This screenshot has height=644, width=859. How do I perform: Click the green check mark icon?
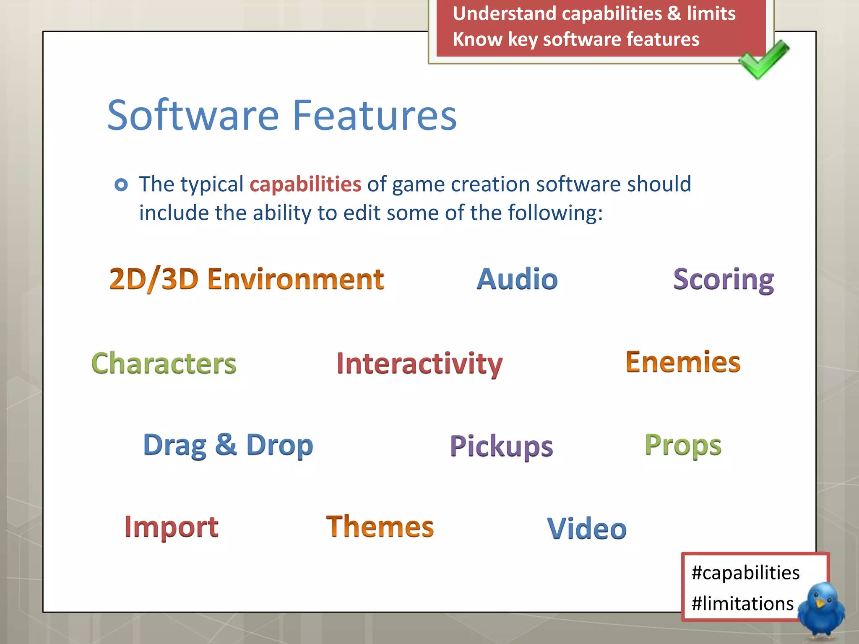point(763,60)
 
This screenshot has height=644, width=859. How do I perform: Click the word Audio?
point(517,279)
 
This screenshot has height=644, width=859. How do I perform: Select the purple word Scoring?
point(724,280)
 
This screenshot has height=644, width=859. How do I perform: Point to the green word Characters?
point(164,363)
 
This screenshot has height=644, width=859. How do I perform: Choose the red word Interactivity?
point(419,364)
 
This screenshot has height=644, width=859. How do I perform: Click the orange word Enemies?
point(683,362)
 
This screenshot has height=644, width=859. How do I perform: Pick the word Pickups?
point(501,447)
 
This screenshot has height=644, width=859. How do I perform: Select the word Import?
point(171,527)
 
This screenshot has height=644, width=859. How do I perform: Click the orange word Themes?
point(380,527)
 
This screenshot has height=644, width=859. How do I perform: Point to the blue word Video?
point(587,529)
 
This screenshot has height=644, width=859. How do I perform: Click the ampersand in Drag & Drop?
point(226,444)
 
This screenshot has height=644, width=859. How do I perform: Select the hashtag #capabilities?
point(745,573)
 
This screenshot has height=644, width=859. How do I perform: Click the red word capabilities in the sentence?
point(305,184)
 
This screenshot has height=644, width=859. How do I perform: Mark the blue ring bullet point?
point(121,184)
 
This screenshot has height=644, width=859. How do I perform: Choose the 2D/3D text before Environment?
point(154,279)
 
